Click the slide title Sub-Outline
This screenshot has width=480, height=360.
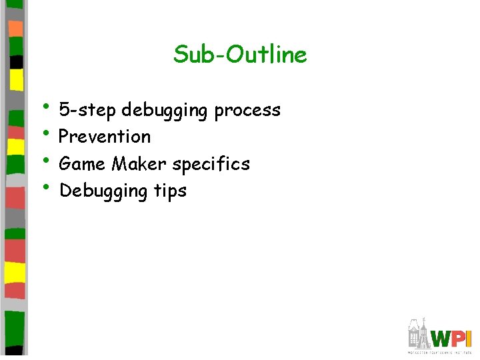240,54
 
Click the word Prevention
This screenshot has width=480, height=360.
105,137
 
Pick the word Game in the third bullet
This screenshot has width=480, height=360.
83,163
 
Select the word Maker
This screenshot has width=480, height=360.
139,163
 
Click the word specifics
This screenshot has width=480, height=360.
209,164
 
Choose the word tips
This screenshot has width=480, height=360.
170,191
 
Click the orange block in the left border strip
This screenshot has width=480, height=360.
15,28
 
